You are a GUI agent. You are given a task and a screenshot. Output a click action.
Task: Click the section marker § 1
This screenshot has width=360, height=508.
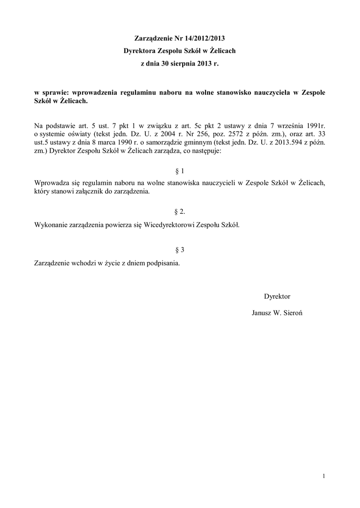[180, 171]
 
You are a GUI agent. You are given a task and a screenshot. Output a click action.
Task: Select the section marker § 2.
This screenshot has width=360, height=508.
[180, 212]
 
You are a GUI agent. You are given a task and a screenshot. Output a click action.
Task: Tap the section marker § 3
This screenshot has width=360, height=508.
[180, 250]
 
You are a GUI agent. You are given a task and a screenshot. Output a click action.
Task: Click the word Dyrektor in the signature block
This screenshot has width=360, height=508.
[277, 296]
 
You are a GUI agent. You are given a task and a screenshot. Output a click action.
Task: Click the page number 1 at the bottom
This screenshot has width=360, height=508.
[323, 477]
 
